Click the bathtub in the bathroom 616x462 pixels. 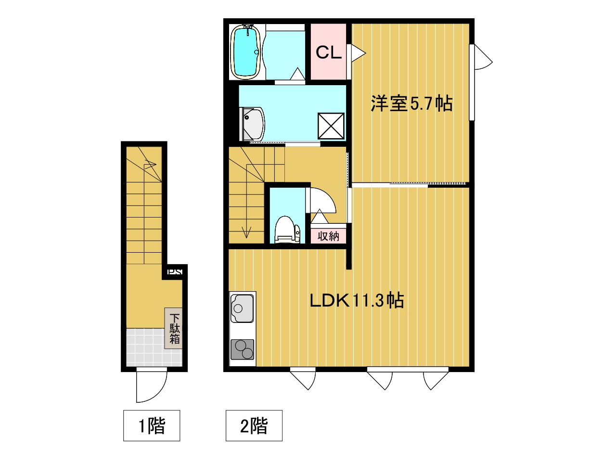click(245, 52)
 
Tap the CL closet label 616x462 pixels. click(328, 52)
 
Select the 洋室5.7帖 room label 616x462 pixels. click(411, 103)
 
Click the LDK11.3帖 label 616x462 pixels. click(357, 301)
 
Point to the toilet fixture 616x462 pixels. click(287, 230)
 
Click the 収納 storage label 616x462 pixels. click(328, 236)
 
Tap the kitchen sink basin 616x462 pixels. click(242, 308)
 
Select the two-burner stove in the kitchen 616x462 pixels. click(242, 349)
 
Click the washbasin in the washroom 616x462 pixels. click(252, 124)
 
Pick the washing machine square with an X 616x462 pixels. click(331, 126)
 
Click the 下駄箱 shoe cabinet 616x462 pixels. click(173, 328)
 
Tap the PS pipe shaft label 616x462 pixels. click(175, 272)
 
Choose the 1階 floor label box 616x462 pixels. click(152, 425)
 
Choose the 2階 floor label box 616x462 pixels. click(254, 425)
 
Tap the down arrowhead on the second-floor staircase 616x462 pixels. click(246, 233)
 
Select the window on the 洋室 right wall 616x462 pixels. click(472, 82)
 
